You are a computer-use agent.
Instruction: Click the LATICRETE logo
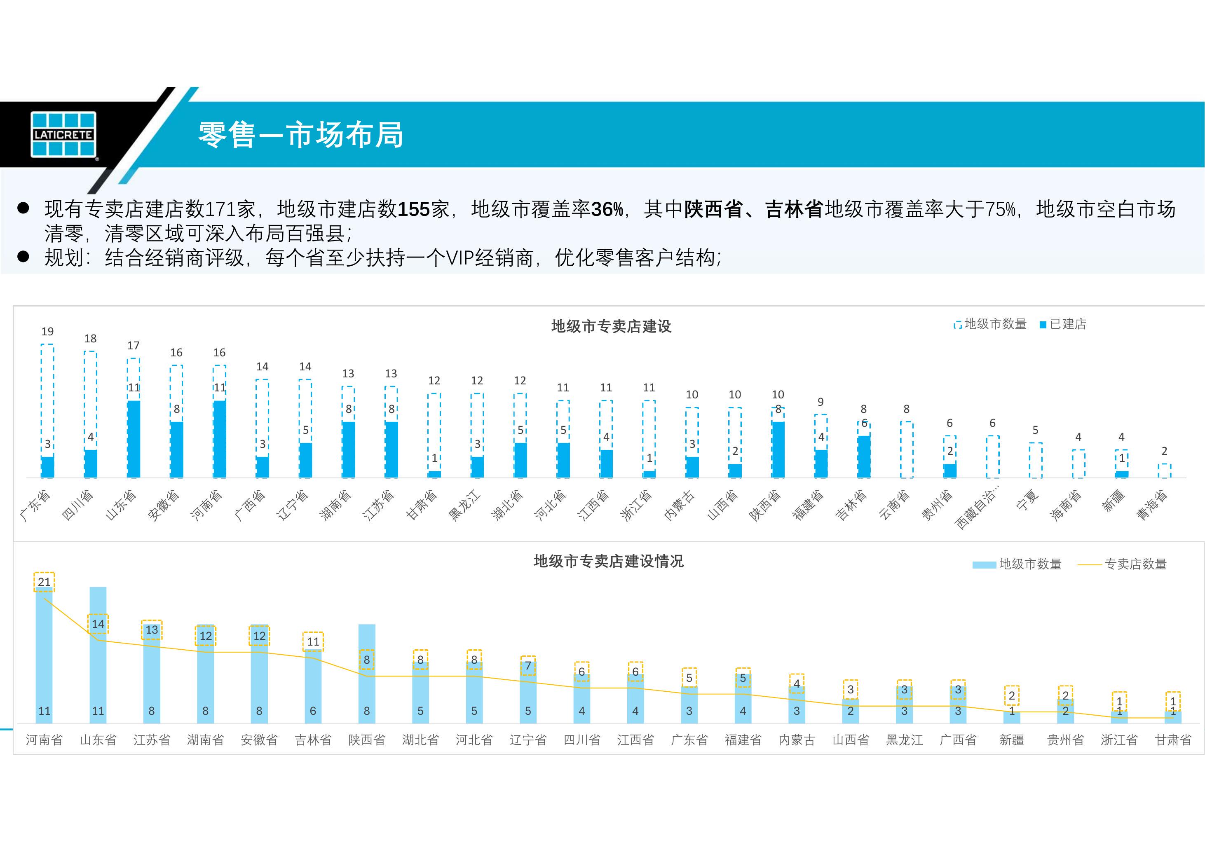[63, 134]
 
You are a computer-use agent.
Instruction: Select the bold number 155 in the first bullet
[414, 209]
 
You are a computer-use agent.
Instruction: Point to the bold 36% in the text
[607, 209]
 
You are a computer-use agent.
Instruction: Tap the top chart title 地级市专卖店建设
[611, 326]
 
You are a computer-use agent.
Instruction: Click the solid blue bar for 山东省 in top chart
[134, 440]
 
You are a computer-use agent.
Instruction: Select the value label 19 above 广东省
[47, 332]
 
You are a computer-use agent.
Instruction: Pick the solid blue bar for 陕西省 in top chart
[778, 450]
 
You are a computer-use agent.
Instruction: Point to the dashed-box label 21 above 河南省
[45, 582]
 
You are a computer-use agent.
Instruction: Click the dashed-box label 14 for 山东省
[98, 624]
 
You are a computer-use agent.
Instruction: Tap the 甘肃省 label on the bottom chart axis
[1173, 740]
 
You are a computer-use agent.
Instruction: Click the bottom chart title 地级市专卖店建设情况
[608, 562]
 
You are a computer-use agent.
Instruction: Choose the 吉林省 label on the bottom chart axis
[313, 740]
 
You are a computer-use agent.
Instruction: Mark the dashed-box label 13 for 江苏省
[152, 630]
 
